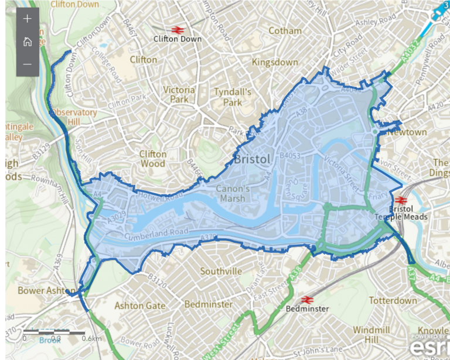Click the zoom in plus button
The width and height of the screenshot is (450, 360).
click(x=27, y=19)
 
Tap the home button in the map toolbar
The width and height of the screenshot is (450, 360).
click(x=27, y=42)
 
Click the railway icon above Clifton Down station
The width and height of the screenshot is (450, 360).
click(x=176, y=29)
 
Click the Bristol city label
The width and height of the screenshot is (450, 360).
click(x=252, y=159)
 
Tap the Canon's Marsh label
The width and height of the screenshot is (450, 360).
click(x=233, y=194)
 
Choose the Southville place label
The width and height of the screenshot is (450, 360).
click(x=221, y=272)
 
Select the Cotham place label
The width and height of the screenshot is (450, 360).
click(x=285, y=30)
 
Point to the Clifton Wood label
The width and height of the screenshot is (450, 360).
click(x=153, y=159)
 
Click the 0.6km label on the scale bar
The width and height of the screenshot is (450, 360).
click(x=91, y=338)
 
